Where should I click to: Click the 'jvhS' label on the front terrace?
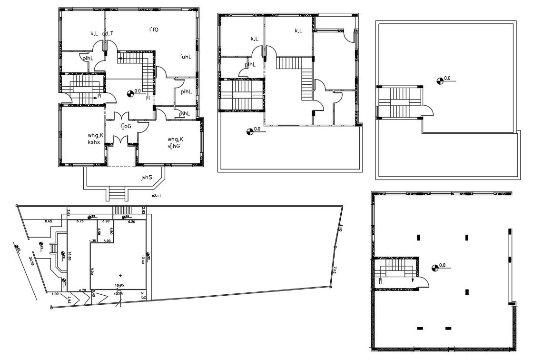(146, 178)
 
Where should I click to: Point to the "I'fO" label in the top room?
(153, 30)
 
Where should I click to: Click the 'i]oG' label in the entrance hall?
(126, 126)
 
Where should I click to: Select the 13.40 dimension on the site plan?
(142, 260)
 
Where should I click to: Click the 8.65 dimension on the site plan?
(49, 221)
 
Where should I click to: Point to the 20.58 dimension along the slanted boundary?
(32, 261)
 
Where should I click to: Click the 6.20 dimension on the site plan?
(132, 222)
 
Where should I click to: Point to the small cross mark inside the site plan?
(120, 275)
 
